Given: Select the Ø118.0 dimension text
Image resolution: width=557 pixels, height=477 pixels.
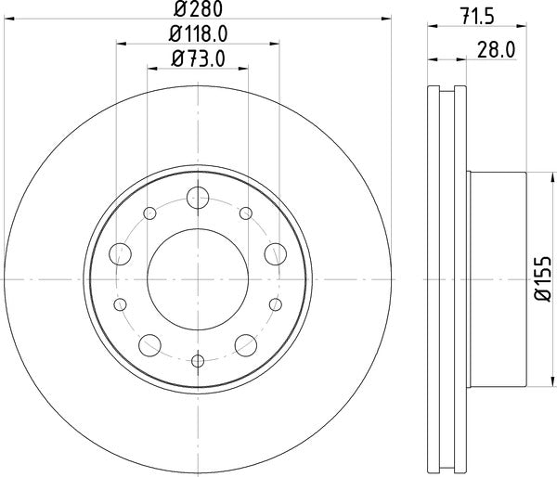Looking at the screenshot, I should pos(198,36).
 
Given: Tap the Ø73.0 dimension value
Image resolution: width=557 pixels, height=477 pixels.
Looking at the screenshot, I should pos(198,60).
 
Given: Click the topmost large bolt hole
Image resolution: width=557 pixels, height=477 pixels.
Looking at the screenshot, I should pos(197,197).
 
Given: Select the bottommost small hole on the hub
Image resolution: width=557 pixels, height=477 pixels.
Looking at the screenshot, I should pos(197,361).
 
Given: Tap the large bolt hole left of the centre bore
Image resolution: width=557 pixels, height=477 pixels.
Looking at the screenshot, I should pos(119,251).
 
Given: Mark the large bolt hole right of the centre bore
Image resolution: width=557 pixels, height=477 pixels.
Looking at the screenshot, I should pos(275,251).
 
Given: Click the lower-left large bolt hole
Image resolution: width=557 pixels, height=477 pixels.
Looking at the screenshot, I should pos(149,342).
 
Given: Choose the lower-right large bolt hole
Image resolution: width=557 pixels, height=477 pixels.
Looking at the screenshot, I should pos(245,342).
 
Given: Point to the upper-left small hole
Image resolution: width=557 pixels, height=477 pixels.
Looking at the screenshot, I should pos(149,214).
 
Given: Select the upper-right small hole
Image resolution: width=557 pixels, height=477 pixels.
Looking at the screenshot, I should pos(245,214).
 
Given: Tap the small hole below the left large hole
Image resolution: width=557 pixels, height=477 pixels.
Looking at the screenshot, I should pos(119,303).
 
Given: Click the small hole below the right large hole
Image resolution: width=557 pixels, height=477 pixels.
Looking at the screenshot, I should pos(275,303).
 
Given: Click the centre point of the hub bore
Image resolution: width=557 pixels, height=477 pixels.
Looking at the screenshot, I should pos(197,277).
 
